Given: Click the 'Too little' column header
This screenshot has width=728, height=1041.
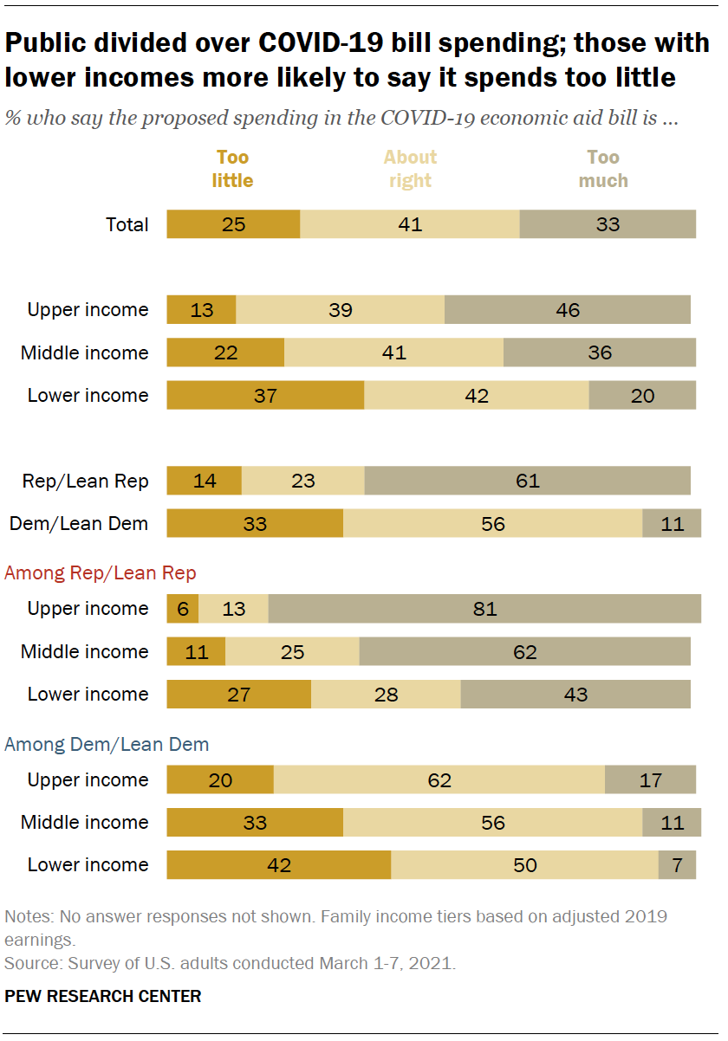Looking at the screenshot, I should click(232, 169).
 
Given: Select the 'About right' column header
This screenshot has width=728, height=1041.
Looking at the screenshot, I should click(410, 169).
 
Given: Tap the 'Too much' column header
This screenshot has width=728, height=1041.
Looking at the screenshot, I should click(603, 169).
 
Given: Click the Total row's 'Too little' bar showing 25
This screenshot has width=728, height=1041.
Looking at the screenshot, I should click(233, 224).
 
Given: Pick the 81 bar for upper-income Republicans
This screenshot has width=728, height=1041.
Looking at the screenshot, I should click(484, 609).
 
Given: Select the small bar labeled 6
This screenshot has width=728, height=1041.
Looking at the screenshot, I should click(182, 609).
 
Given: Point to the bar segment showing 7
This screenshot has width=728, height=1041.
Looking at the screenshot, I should click(677, 865).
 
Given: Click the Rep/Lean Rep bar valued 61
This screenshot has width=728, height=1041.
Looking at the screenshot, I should click(527, 481).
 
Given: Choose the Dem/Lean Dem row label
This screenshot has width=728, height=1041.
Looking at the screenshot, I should click(79, 523).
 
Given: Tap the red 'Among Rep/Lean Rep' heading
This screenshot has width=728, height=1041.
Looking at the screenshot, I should click(101, 572).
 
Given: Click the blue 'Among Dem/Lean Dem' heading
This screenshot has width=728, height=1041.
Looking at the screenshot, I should click(107, 744).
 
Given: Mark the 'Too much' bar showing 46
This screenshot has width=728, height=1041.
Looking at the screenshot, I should click(568, 310).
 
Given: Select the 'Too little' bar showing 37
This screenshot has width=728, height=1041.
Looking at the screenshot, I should click(265, 396).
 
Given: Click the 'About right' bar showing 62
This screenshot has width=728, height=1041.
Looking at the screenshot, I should click(439, 780).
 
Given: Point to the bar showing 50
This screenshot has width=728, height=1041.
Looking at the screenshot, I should click(524, 865).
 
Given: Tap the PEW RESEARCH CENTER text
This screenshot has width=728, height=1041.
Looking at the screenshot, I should click(103, 996).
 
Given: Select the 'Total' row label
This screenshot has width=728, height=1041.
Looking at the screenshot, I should click(127, 224).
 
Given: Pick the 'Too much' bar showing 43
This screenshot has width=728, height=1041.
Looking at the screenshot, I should click(575, 695).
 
